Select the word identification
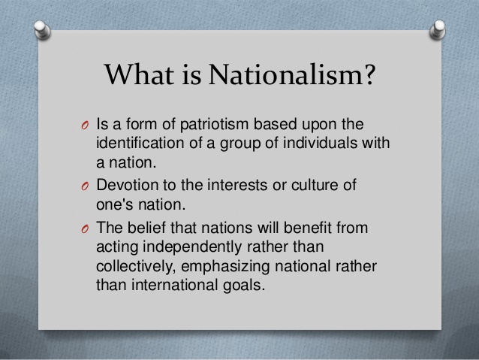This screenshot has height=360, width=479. [x=138, y=143]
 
